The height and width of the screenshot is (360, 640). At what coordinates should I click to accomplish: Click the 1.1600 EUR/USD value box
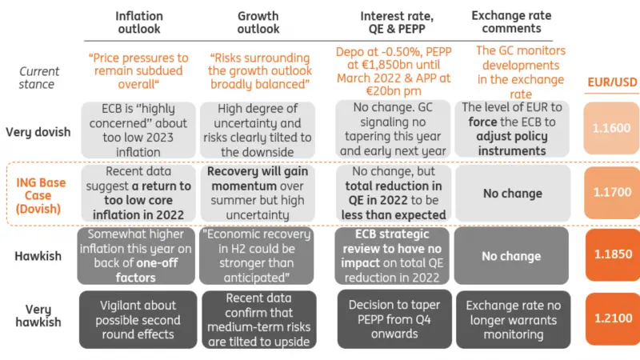pos(611,128)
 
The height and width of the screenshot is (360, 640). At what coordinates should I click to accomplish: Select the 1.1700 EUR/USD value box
pos(611,192)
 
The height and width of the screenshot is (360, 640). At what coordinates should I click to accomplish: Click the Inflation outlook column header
pos(138,22)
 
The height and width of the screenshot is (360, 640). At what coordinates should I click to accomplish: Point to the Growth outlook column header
pos(258,22)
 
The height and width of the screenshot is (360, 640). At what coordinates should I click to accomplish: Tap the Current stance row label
pos(39,77)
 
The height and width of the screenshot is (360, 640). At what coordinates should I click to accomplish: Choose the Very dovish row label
pos(39,132)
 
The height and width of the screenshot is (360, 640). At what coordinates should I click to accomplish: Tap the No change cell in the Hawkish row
pos(511,256)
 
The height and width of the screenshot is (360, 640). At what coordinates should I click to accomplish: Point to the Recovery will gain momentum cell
pos(258,193)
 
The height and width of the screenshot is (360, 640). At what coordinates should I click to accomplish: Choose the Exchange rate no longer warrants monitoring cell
pos(513,319)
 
